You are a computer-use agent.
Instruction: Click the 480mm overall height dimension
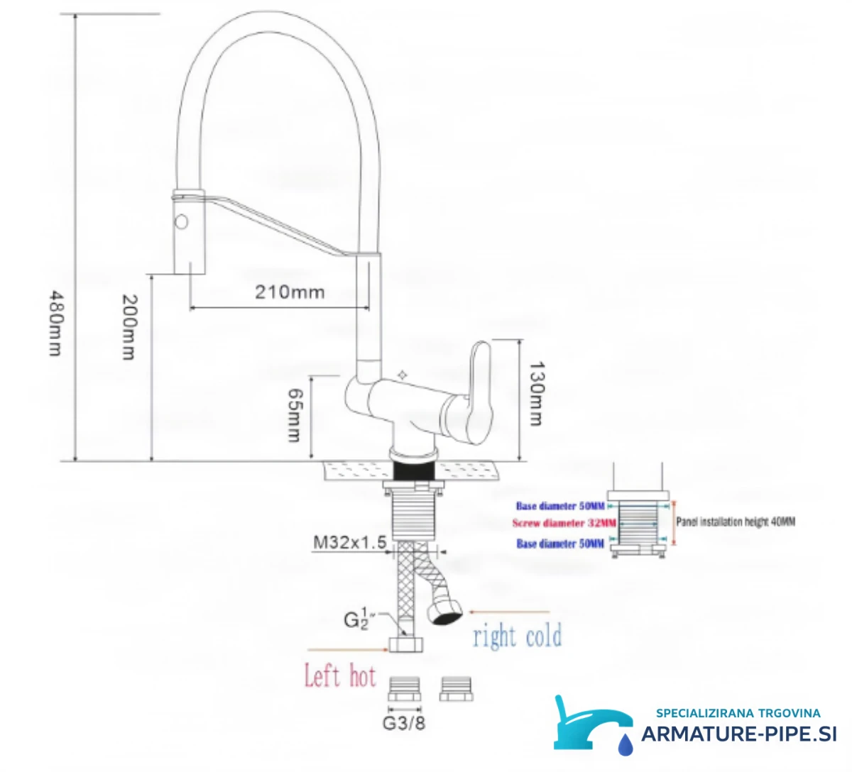click(55, 323)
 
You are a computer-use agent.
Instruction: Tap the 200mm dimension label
click(129, 327)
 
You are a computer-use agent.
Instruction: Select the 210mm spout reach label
click(290, 292)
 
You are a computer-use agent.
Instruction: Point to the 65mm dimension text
click(295, 416)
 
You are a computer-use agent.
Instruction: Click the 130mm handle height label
click(536, 393)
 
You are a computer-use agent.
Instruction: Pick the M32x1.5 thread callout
click(350, 542)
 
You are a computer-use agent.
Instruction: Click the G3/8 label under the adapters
click(404, 723)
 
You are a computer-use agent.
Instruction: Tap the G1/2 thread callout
click(356, 619)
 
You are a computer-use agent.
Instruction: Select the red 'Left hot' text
click(340, 676)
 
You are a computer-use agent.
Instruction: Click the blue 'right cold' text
click(518, 636)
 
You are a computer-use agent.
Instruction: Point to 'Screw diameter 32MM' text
click(564, 523)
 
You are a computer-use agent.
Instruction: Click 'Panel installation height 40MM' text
click(736, 522)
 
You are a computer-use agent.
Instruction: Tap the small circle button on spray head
click(181, 221)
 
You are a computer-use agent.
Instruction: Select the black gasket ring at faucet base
click(414, 470)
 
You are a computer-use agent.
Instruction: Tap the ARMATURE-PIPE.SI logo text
click(738, 734)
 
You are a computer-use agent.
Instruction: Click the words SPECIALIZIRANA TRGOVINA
click(738, 713)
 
